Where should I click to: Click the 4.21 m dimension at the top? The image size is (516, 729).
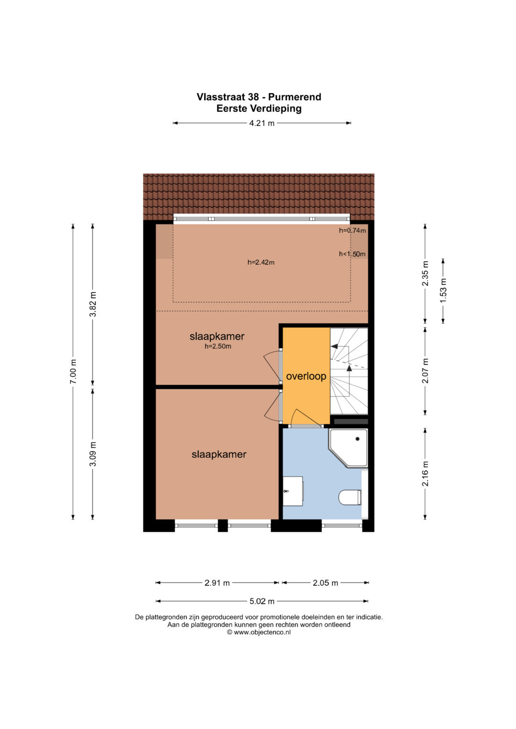coord(262,123)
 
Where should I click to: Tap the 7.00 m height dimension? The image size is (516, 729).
coord(73,371)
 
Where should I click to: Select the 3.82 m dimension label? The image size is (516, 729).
coord(93,304)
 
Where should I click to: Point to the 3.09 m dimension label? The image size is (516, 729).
coord(93,454)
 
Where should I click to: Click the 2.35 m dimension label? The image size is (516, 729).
coord(425,274)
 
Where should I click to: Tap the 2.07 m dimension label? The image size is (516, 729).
coord(425,370)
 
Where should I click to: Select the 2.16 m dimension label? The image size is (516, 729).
coord(425,474)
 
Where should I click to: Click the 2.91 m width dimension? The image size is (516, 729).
coord(217,583)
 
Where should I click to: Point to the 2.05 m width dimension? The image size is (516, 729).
coord(325,583)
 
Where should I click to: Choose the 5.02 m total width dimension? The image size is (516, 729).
coord(262,601)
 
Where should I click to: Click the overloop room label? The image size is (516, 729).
coord(306,376)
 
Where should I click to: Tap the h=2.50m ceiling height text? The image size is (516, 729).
coord(218,346)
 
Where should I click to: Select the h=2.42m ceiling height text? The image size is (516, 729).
coord(261,262)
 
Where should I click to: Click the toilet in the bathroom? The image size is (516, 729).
coord(350,497)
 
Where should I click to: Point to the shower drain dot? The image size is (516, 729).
coord(357,439)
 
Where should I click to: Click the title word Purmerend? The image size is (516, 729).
coord(294,97)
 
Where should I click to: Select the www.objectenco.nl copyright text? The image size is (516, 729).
coord(258,632)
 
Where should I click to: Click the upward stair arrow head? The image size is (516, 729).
coord(349,368)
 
